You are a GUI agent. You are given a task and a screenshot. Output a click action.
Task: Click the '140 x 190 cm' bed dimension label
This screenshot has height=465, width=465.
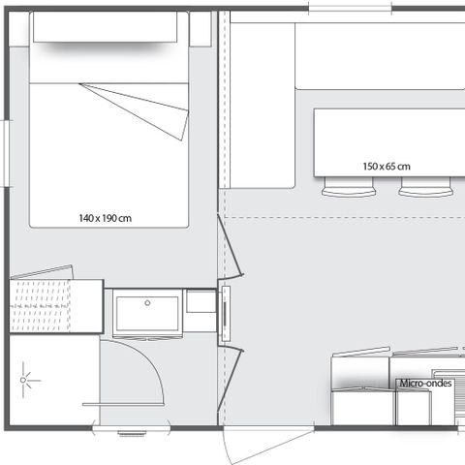(x=105, y=218)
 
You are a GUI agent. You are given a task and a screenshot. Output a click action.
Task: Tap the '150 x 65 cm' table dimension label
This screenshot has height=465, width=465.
(x=387, y=167)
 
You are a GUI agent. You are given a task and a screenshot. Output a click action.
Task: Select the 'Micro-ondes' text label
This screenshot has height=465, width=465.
(x=425, y=384)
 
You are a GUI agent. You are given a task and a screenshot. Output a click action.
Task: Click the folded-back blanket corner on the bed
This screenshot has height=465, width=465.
(x=145, y=108)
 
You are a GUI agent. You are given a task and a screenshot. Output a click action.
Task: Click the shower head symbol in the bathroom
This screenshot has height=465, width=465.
(x=24, y=382)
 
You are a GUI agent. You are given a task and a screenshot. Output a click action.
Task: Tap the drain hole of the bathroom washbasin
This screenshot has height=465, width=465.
(x=147, y=303)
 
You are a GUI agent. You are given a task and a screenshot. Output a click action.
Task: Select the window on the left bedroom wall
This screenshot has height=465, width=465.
(x=6, y=151)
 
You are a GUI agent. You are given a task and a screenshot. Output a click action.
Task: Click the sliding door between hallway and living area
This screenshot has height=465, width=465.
(x=225, y=314)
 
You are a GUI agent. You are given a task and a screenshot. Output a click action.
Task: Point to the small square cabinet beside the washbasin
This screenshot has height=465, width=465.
(x=201, y=302)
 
